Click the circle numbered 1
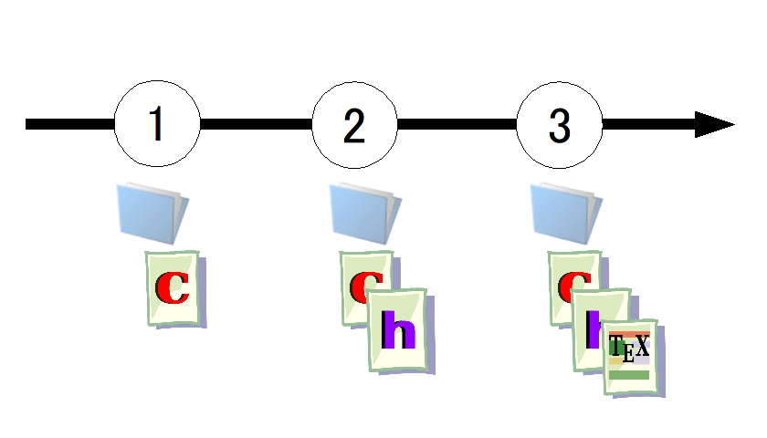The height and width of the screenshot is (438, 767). (x=157, y=124)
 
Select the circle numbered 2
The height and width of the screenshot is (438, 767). (x=354, y=124)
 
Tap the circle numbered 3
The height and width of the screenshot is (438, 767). (x=559, y=124)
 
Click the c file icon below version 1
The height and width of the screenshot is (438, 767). (x=173, y=288)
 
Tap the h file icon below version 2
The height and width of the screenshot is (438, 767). (x=397, y=329)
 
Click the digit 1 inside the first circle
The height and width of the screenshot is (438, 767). (x=157, y=125)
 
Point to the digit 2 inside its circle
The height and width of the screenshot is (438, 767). (x=354, y=125)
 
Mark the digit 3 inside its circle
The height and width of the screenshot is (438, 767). (x=559, y=125)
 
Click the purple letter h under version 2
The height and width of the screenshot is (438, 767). (x=398, y=330)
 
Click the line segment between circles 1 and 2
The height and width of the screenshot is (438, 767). (x=256, y=124)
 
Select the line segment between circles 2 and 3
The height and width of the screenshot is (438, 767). (x=457, y=124)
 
